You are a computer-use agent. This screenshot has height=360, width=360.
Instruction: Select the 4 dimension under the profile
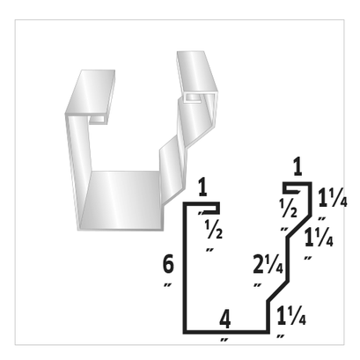pos(225,318)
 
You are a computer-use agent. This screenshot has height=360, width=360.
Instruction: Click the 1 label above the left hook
pos(202,187)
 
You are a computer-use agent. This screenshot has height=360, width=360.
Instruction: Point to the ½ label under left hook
pos(210,231)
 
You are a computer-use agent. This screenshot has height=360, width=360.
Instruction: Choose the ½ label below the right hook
pos(286,209)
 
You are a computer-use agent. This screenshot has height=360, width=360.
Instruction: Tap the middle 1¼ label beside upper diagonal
pos(316,238)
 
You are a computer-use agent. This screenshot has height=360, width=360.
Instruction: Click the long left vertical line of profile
pos(184,268)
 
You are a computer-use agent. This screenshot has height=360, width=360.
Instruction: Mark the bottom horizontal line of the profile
pos(225,333)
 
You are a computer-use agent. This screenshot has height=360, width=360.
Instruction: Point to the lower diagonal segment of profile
pos(280,288)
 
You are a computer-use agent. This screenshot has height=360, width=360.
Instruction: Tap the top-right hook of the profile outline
pos(299,186)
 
